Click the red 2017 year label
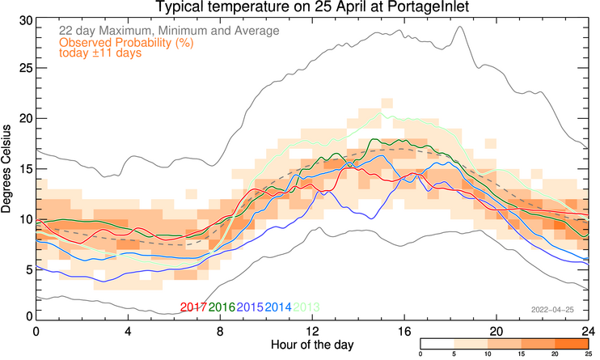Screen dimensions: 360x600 tap(194, 307)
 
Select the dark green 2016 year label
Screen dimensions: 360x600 tap(222, 307)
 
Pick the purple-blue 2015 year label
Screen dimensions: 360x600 tap(251, 307)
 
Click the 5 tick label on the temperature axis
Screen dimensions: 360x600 tap(27, 269)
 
